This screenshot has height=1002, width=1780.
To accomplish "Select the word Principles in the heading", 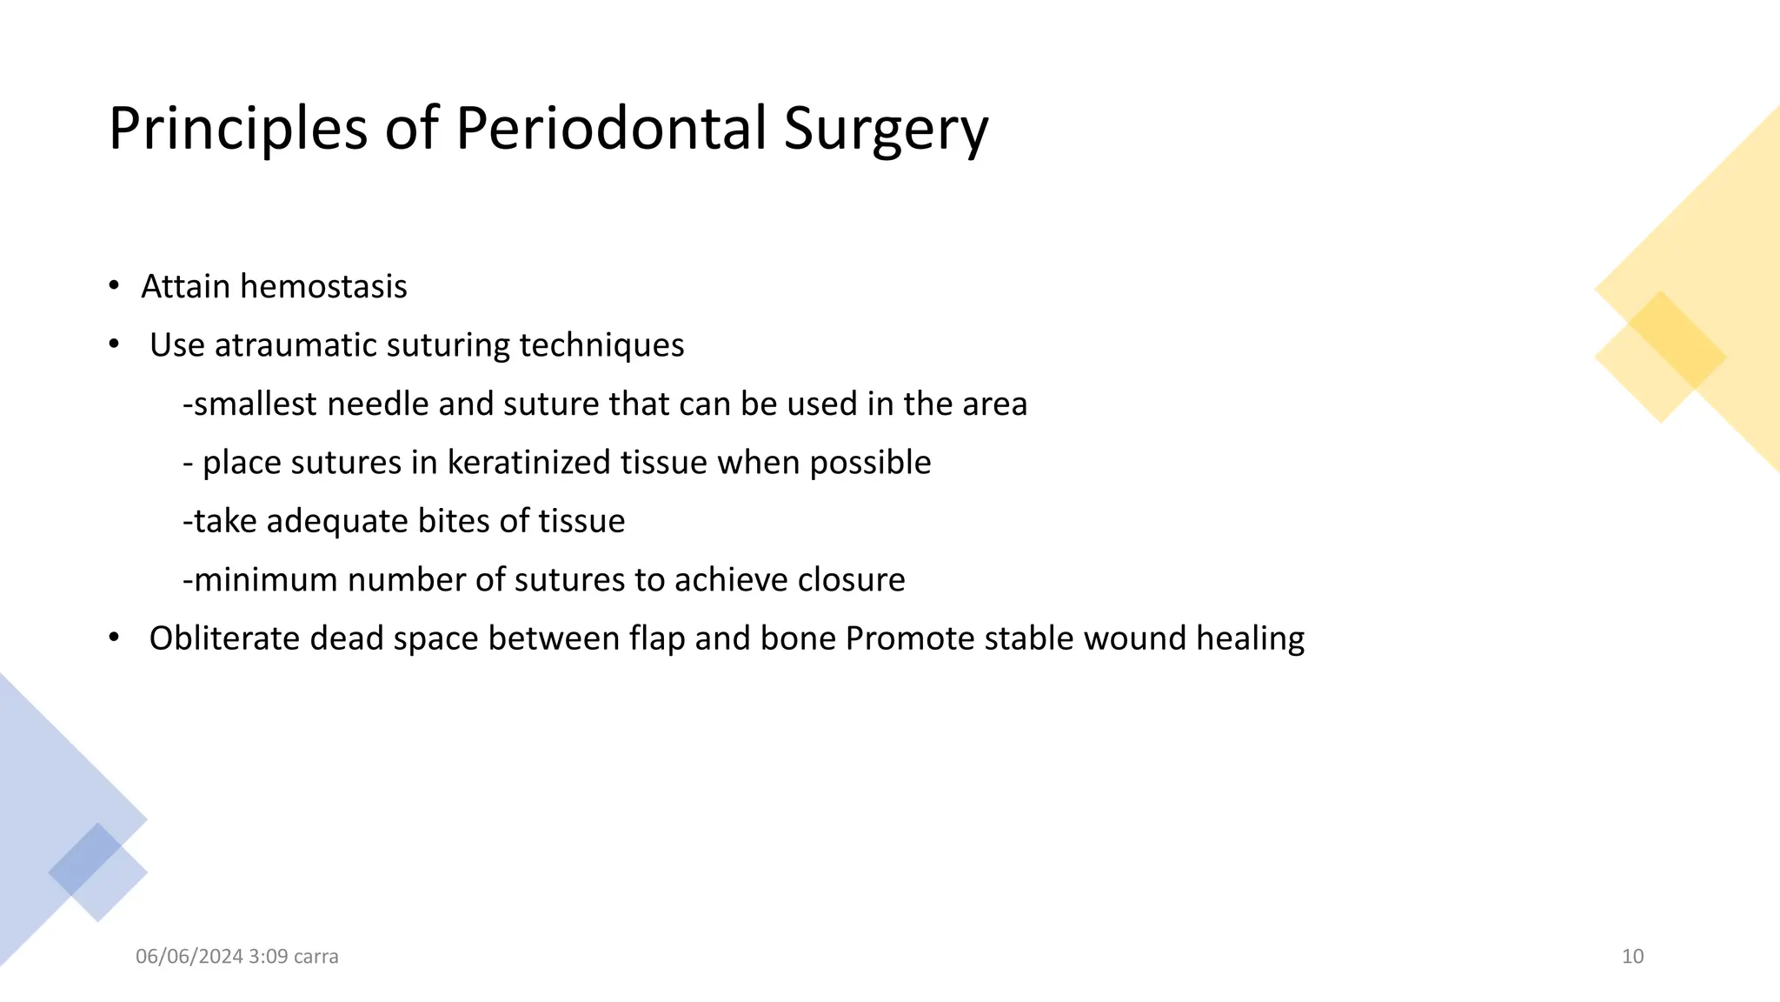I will point(237,129).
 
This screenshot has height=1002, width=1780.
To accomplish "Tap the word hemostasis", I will point(323,286).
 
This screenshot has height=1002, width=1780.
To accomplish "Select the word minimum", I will point(265,579).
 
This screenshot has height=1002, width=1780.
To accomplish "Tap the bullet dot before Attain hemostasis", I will point(114,286).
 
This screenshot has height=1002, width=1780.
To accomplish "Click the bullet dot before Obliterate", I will point(114,638).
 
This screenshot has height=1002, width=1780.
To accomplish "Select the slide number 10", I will point(1632,957).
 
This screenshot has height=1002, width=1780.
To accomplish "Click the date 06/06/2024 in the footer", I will point(189,957).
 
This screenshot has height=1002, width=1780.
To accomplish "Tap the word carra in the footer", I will point(315,957).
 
